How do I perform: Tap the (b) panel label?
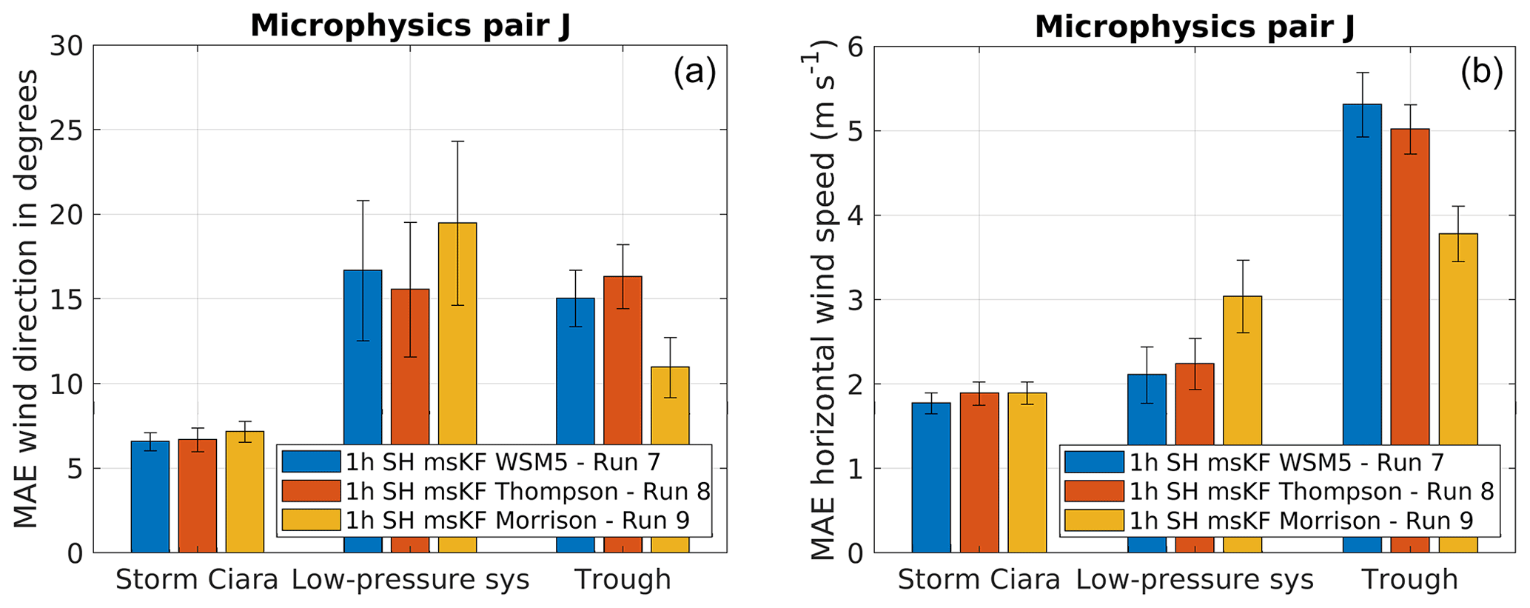click(x=1481, y=73)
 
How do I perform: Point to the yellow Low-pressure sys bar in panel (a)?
click(x=457, y=333)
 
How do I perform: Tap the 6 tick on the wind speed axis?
click(x=856, y=47)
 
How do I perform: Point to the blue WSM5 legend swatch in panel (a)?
click(x=312, y=462)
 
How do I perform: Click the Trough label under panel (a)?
click(x=623, y=579)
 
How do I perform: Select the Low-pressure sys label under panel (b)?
click(x=1194, y=579)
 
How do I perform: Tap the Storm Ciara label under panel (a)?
click(x=197, y=579)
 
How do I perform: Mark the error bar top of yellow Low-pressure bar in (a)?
click(x=457, y=141)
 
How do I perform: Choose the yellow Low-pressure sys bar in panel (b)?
click(x=1242, y=370)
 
